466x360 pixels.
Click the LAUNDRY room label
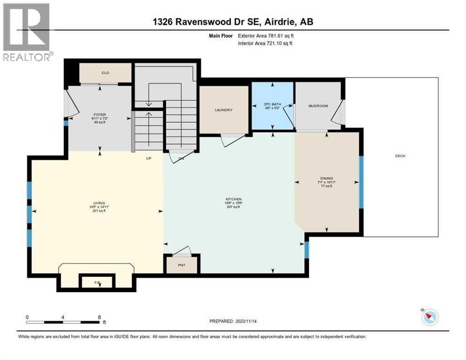pos(224,110)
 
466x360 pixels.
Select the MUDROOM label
pos(317,106)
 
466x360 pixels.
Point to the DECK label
pos(400,156)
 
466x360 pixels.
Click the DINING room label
pos(326,178)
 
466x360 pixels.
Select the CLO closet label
pos(105,73)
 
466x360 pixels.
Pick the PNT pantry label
pos(181,265)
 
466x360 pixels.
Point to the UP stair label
pos(149,158)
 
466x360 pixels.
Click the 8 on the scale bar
pos(99,317)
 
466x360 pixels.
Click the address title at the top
pos(233,22)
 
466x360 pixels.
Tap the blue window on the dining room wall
pos(361,182)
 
